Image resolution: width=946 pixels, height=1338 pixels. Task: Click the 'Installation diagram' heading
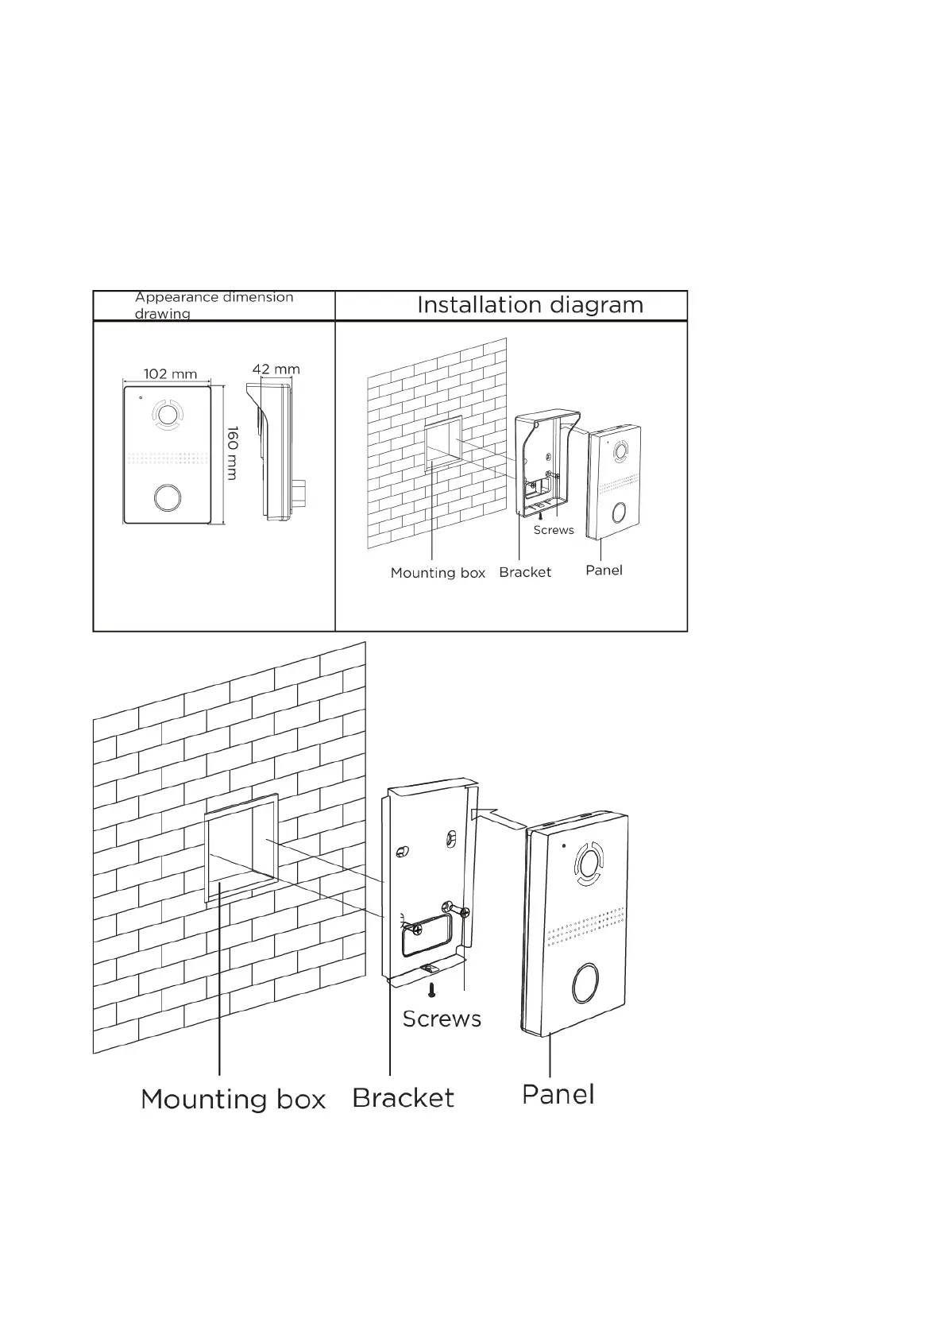coord(530,305)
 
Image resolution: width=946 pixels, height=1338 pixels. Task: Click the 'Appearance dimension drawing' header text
coord(214,305)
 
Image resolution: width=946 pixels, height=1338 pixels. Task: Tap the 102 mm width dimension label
coord(170,373)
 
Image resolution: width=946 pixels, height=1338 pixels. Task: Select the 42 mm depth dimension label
coord(276,369)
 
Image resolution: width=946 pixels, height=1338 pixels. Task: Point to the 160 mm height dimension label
coord(232,453)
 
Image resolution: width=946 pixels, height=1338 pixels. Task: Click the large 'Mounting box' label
coord(233,1099)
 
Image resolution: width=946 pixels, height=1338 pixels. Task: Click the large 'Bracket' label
coord(403,1098)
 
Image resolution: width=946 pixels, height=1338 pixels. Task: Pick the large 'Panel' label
coord(558,1094)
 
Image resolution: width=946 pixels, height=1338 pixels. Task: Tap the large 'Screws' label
coord(442,1019)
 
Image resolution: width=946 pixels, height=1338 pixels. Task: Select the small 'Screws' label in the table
coord(553,530)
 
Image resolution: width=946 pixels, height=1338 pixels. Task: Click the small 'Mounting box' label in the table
coord(438,573)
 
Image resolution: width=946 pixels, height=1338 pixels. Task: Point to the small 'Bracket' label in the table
coord(525,572)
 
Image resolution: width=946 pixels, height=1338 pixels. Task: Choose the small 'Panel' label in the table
coord(604,570)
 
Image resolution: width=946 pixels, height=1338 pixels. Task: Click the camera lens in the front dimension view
coord(167,414)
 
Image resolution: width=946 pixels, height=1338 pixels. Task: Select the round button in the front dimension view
coord(167,497)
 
